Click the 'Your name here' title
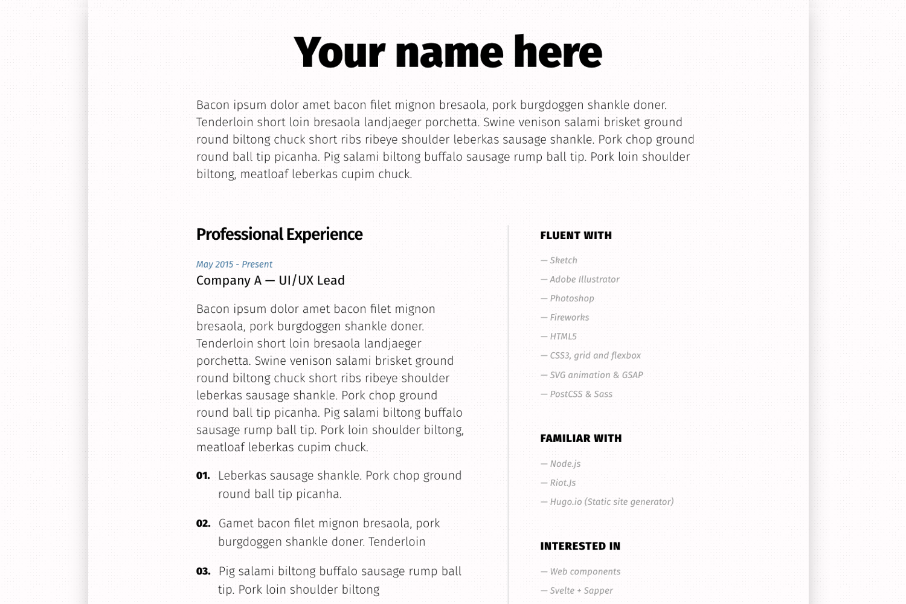point(448,53)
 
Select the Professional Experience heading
point(279,234)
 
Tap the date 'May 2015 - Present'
point(234,265)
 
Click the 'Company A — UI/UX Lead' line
point(271,281)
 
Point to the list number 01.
point(203,476)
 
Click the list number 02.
point(203,524)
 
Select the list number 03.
point(203,571)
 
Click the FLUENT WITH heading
point(576,236)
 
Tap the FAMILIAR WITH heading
point(580,439)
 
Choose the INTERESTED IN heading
point(580,546)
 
